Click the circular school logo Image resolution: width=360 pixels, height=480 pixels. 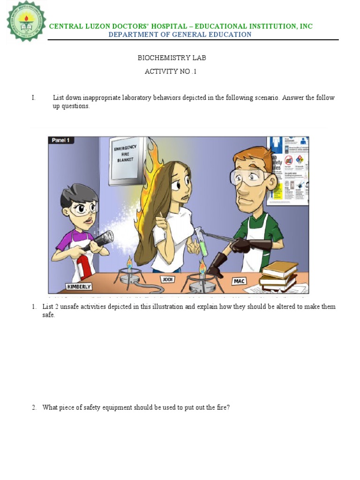pos(26,22)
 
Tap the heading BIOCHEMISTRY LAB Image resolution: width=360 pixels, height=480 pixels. pos(172,58)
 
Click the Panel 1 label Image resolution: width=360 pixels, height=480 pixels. pos(61,141)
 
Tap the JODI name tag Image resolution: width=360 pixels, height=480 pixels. pos(167,279)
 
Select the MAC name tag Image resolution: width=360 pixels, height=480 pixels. pos(239,282)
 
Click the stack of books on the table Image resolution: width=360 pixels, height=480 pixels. pos(279,275)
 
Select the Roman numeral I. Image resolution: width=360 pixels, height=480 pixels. pos(34,98)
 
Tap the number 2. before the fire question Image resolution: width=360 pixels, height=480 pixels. pos(34,408)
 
